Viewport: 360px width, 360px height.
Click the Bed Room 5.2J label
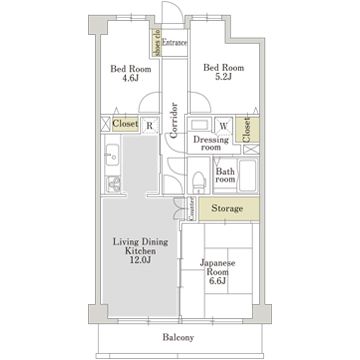pyautogui.click(x=218, y=75)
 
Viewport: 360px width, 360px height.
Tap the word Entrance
pyautogui.click(x=176, y=43)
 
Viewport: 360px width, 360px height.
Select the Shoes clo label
pyautogui.click(x=155, y=43)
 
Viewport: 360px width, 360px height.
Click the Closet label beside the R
pyautogui.click(x=125, y=126)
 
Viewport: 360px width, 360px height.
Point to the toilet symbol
pyautogui.click(x=199, y=181)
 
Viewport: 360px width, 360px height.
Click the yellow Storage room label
pyautogui.click(x=226, y=209)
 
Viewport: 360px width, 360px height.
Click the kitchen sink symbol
pyautogui.click(x=112, y=157)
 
